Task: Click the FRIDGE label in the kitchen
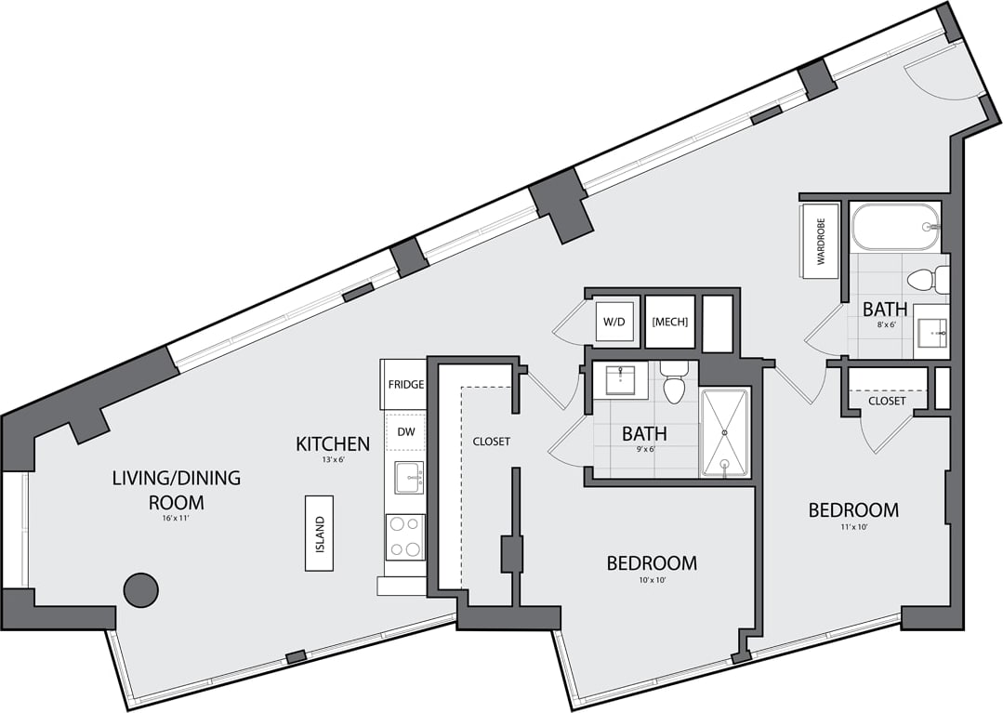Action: coord(406,384)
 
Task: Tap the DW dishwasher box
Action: coord(406,431)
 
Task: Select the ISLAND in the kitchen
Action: coord(319,533)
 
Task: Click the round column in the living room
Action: coord(141,589)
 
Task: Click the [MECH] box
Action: coord(669,322)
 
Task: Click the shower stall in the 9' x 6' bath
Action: coord(724,433)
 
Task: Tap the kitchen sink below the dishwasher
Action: coord(407,478)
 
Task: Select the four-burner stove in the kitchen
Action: coord(405,536)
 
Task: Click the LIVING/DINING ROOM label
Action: coord(176,490)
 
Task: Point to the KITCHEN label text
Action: coord(333,444)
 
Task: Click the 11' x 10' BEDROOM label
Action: coord(852,509)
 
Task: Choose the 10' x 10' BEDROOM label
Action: coord(652,562)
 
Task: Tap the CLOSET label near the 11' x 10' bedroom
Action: coord(887,401)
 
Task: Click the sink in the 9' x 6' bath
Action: coord(620,380)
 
